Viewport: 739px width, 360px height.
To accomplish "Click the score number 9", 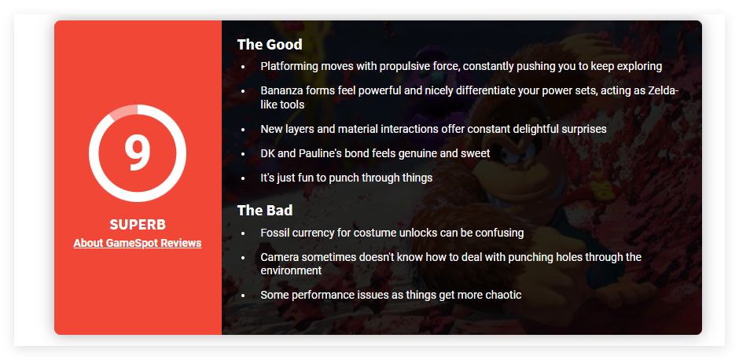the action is (x=137, y=152).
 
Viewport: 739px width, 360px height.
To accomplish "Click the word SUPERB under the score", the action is (x=138, y=224).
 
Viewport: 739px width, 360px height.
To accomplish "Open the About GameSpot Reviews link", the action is (x=138, y=243).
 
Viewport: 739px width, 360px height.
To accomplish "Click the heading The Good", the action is (x=270, y=44).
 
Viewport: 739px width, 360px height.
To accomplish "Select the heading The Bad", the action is (x=265, y=210).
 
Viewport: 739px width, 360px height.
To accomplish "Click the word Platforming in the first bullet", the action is (x=289, y=67).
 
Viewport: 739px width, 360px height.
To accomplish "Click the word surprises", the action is (x=583, y=129).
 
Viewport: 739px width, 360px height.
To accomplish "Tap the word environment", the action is (x=291, y=271).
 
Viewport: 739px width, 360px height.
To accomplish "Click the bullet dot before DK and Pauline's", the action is (x=243, y=154).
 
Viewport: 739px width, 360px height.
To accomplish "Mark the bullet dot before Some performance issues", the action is (x=243, y=296).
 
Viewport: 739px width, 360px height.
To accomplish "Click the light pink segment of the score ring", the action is (x=124, y=110).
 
